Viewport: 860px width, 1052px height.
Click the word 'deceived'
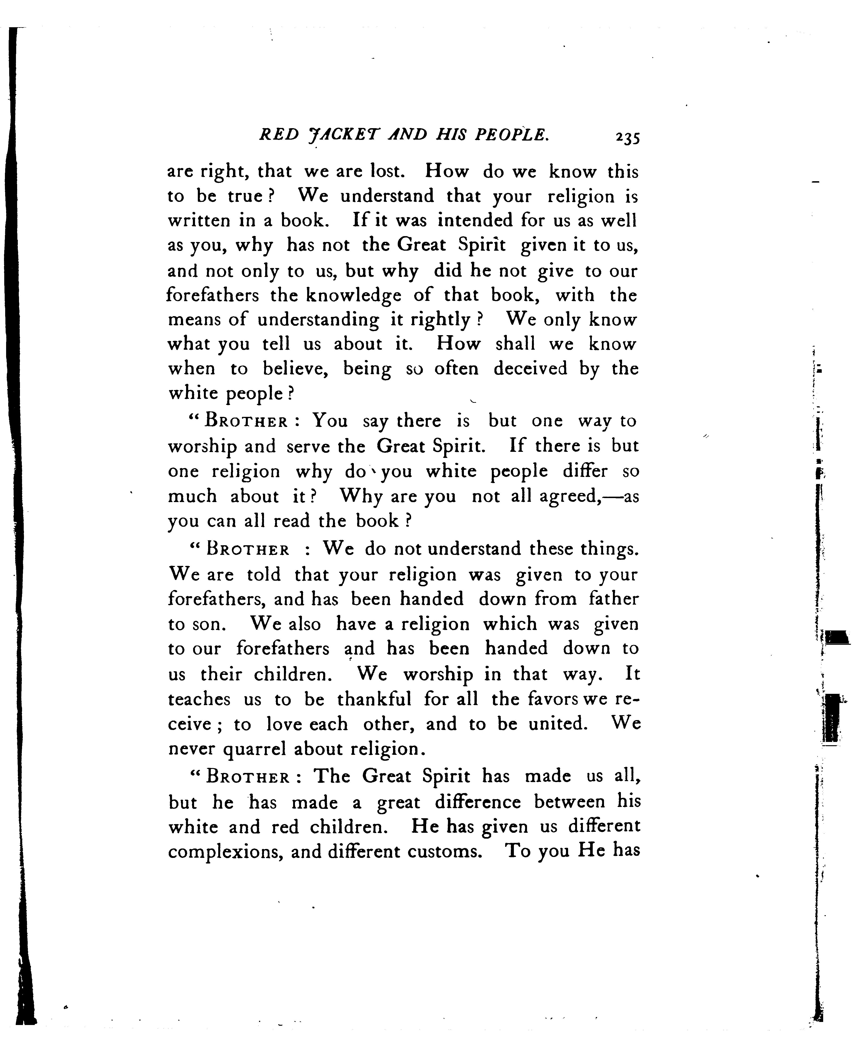pyautogui.click(x=530, y=369)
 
